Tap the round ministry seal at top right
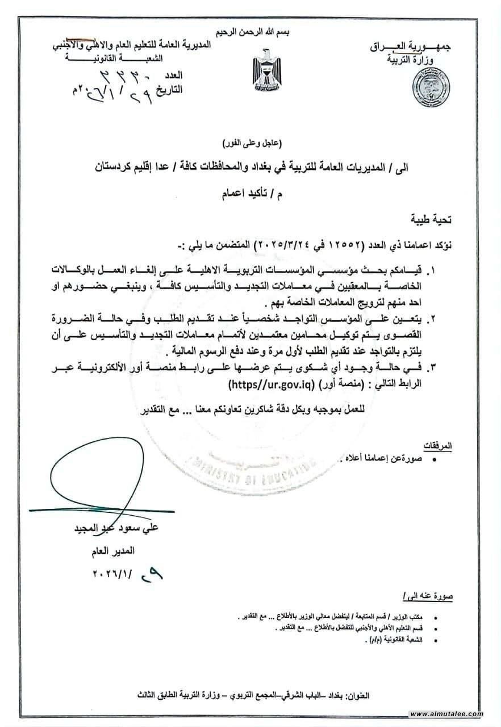(431, 87)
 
